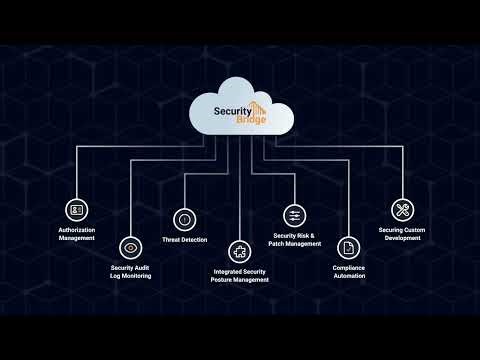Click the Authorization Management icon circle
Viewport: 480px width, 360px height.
click(x=76, y=210)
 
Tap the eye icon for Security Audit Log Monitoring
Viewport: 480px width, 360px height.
click(x=130, y=246)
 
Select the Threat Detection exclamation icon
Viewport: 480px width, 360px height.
click(x=184, y=217)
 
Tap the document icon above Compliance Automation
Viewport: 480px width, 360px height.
click(x=349, y=246)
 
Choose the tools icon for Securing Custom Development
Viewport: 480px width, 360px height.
click(x=403, y=210)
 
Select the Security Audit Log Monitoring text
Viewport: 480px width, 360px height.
click(x=131, y=271)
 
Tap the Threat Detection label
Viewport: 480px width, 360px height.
click(x=184, y=241)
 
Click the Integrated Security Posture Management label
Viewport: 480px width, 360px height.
click(x=241, y=276)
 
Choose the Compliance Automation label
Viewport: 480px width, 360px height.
click(x=349, y=271)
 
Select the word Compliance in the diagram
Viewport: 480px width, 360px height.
click(x=349, y=267)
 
